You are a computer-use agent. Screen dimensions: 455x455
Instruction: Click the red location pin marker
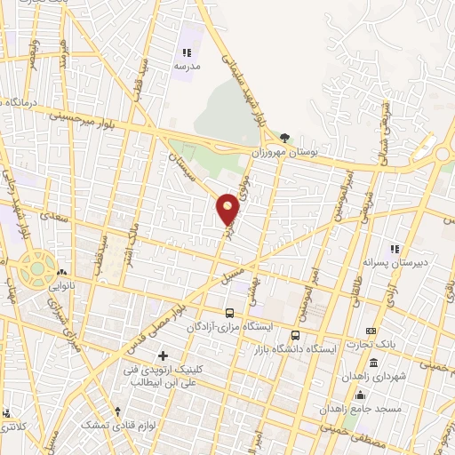click(228, 209)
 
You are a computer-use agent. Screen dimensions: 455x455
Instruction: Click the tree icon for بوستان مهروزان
click(284, 138)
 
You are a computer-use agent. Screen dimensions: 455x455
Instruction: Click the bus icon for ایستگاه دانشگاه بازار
click(295, 336)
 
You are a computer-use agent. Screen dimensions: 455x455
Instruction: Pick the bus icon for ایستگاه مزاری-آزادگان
click(230, 313)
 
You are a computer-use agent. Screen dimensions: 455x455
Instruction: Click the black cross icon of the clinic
click(162, 356)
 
